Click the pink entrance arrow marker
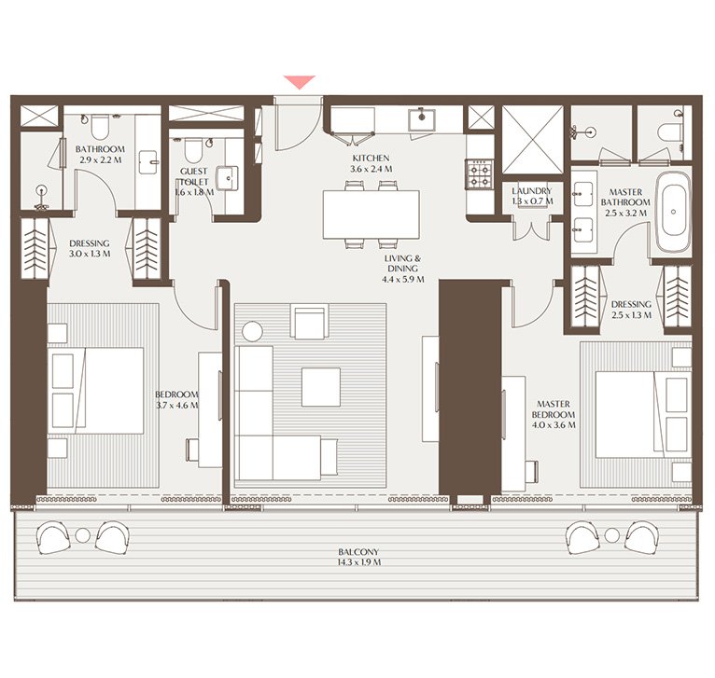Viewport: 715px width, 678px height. [x=300, y=82]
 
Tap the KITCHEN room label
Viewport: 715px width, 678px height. [x=371, y=159]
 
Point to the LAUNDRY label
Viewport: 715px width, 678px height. [x=532, y=190]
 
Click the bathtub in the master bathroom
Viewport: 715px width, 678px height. [x=672, y=217]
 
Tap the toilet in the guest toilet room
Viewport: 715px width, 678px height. [x=193, y=149]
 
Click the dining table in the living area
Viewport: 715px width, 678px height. [x=371, y=214]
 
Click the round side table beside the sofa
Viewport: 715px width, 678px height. [x=253, y=330]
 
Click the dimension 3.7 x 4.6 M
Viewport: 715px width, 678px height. [x=177, y=406]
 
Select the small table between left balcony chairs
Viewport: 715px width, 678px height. [x=83, y=535]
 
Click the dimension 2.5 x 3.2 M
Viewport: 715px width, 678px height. [x=624, y=214]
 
